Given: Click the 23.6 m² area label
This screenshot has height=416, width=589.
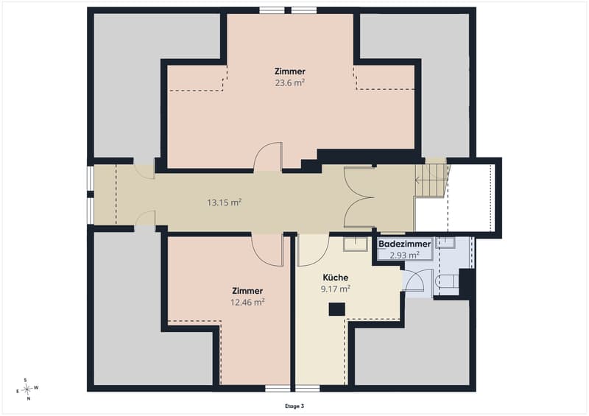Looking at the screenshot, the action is [x=289, y=82].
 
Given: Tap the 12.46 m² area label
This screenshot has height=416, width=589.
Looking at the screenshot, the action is [x=247, y=302].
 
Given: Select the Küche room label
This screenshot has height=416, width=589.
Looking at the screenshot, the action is [x=336, y=278].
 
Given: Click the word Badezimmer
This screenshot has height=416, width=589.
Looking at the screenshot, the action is [x=404, y=244].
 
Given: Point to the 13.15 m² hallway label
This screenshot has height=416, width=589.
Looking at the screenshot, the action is [x=225, y=202].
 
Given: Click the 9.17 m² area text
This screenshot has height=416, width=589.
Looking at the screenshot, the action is [x=336, y=289].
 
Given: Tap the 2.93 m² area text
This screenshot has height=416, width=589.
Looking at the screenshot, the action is [x=404, y=255].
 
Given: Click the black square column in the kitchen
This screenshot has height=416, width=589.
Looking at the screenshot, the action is [x=337, y=309].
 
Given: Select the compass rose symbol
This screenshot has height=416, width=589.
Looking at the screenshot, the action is [x=27, y=389].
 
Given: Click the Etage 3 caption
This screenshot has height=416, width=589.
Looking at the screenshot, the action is [x=294, y=406].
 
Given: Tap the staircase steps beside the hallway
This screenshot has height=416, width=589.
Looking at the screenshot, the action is [x=432, y=180].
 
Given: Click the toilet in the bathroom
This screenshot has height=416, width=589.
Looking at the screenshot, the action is [x=446, y=281].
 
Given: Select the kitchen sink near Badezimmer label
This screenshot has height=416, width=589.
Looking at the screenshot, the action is [x=356, y=244].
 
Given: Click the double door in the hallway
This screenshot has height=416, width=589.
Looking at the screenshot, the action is [x=359, y=197].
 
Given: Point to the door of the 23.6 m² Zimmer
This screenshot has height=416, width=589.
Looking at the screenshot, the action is [x=268, y=157].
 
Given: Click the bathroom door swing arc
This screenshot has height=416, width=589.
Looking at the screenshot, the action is [x=414, y=280].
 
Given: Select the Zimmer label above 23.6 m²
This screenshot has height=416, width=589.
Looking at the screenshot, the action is [x=289, y=71].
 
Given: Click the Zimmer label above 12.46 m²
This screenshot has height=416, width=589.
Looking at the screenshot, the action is [x=247, y=291].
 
